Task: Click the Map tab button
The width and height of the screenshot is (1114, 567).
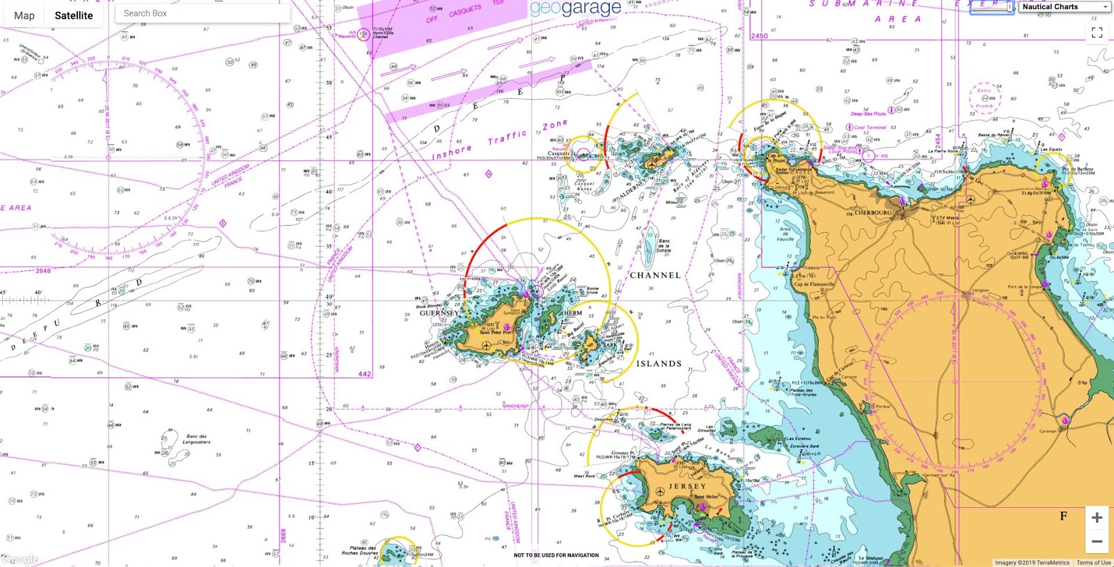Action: pos(24,15)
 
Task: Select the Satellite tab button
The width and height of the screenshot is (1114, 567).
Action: pos(74,15)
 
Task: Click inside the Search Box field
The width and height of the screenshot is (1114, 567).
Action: pos(202,13)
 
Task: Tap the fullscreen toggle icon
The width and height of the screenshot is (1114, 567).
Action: pos(1097,33)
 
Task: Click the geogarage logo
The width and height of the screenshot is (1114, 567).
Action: pos(575,8)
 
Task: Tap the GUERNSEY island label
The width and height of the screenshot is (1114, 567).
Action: pos(439,313)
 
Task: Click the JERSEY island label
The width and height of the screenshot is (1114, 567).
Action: pos(687,486)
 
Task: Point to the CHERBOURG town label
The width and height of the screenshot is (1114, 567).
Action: pos(872,212)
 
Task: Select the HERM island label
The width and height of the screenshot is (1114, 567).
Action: pos(573,313)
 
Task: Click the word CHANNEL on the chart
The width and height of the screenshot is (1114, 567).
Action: pos(655,275)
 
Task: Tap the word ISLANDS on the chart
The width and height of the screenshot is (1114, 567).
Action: pos(659,364)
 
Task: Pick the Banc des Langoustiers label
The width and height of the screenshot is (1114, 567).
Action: pos(196,439)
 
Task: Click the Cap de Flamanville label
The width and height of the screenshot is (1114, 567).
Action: pos(814,284)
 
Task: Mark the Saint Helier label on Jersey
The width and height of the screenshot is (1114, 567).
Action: pos(706,497)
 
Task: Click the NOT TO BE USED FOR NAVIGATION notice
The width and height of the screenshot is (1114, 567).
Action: pos(556,555)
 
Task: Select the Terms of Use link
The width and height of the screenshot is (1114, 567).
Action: pos(1093,563)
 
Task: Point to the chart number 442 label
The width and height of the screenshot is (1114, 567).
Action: pos(364,374)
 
